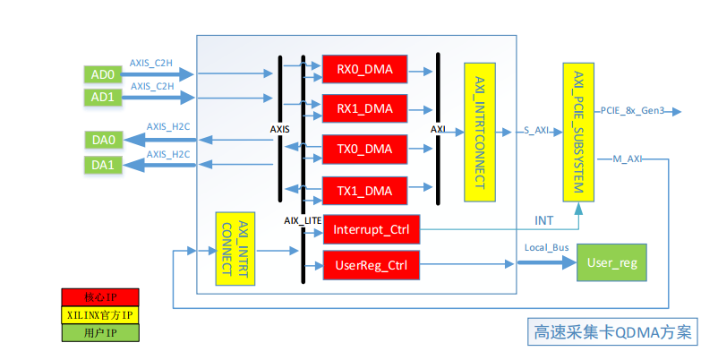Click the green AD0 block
101,73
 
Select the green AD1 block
101,96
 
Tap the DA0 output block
102,140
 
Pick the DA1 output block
102,164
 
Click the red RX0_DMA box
364,70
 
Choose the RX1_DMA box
364,109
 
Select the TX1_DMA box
364,190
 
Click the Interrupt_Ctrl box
371,230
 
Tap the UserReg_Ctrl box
371,264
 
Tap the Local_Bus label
541,246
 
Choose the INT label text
543,219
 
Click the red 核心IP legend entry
100,296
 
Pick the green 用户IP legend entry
100,333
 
